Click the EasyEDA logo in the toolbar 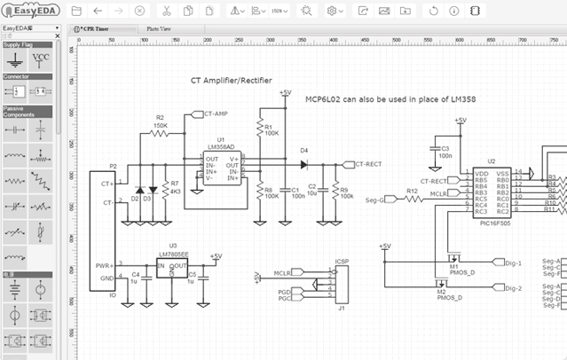[x=30, y=11]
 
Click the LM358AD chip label [x=221, y=147]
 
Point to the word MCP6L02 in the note [x=326, y=98]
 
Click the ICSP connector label [x=342, y=262]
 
